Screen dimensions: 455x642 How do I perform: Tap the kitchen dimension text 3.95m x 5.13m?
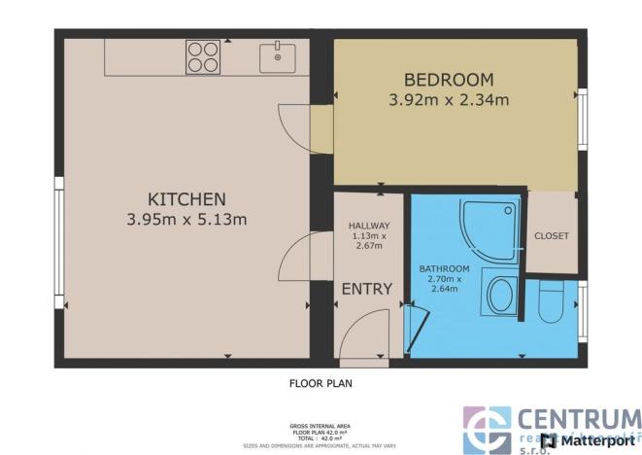[x=186, y=220]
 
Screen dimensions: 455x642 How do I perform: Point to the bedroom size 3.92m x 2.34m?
[x=449, y=98]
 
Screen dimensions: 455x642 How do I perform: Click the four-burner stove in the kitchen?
[x=202, y=56]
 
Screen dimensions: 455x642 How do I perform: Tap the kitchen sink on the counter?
[x=279, y=55]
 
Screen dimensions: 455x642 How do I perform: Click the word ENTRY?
[x=367, y=289]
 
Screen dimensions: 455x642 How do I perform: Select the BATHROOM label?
[x=444, y=268]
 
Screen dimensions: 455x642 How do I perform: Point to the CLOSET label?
[x=552, y=235]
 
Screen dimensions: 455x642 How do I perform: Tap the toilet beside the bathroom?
[x=552, y=302]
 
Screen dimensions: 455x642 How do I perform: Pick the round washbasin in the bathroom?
[x=501, y=294]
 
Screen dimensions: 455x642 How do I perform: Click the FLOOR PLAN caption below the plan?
[x=321, y=383]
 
